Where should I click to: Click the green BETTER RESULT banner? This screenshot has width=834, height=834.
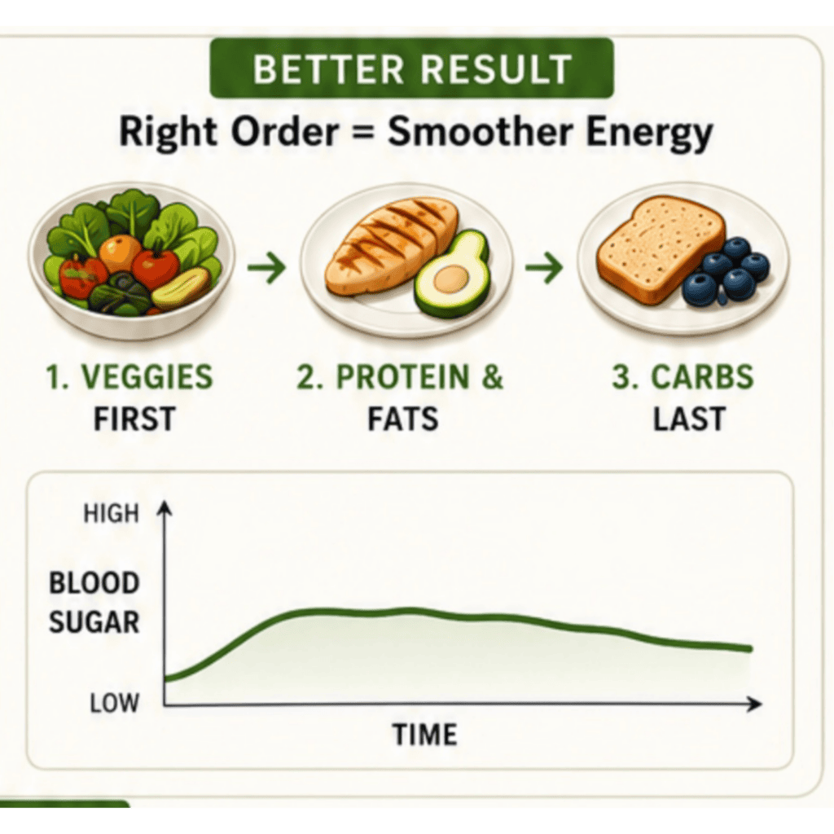[411, 68]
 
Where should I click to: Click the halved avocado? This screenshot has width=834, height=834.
[451, 274]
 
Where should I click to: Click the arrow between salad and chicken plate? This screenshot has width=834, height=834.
[266, 266]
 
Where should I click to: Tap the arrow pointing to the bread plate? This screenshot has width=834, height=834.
[544, 266]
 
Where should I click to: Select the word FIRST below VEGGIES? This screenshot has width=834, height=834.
[134, 419]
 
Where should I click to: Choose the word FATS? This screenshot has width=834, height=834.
[403, 419]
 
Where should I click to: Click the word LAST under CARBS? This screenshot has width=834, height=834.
[689, 419]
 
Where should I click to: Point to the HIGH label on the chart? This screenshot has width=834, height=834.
[111, 514]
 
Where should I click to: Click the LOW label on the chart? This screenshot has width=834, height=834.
[114, 703]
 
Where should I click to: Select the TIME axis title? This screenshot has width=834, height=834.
[424, 735]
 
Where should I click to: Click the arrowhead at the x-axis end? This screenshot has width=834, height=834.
[755, 705]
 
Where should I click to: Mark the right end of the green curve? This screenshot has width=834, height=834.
[750, 649]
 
